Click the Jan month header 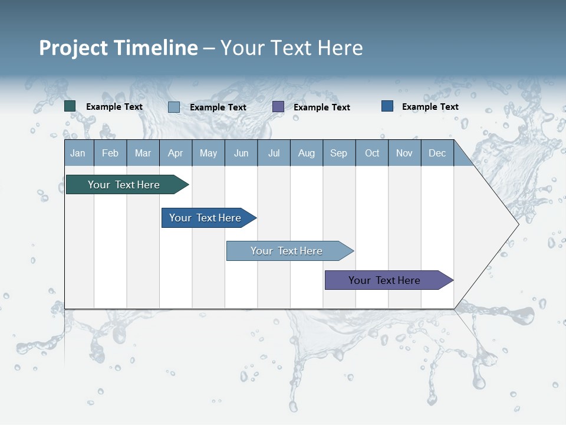coord(78,153)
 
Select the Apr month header coord(175,153)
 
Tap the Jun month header coord(241,153)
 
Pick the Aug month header coord(306,153)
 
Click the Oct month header coord(371,153)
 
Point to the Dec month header coord(437,153)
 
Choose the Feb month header coord(110,153)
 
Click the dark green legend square coord(70,106)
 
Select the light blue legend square coord(174,107)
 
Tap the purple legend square coord(278,107)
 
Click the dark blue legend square coord(387,106)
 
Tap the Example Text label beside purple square coord(321,107)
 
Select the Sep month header coord(338,153)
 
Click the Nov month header coord(404,153)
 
